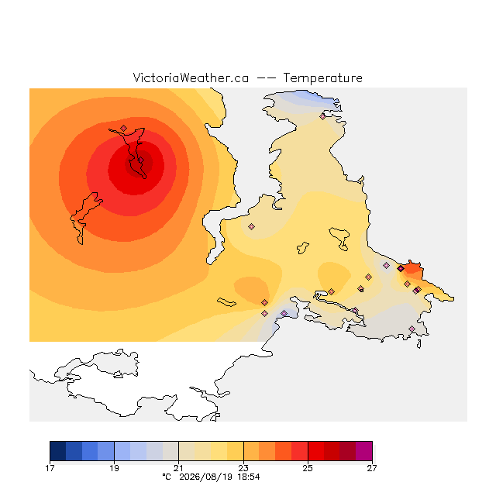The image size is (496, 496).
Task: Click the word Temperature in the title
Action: [322, 77]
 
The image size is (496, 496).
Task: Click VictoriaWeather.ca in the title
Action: [191, 77]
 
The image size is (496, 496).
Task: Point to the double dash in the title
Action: [266, 77]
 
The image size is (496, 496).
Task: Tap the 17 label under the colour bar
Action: [50, 468]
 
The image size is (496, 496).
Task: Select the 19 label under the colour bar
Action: [114, 468]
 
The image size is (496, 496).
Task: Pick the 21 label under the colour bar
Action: [179, 468]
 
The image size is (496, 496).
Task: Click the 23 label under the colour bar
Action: [243, 468]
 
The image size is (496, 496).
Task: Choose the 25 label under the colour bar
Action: [308, 468]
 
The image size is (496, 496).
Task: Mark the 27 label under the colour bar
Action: [372, 468]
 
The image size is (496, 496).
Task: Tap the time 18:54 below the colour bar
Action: [249, 477]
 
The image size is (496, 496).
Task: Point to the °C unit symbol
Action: [167, 477]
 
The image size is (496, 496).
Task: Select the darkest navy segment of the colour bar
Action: [58, 451]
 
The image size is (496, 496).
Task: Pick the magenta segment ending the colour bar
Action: [364, 451]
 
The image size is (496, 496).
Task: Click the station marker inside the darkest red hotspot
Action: [141, 160]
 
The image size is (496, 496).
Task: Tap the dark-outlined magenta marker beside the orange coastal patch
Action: [401, 269]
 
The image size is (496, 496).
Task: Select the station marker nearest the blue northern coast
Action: [322, 117]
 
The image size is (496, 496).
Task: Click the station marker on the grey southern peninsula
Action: [412, 329]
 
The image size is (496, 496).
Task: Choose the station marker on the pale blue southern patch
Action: [284, 313]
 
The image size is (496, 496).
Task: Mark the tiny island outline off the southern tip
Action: [418, 344]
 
